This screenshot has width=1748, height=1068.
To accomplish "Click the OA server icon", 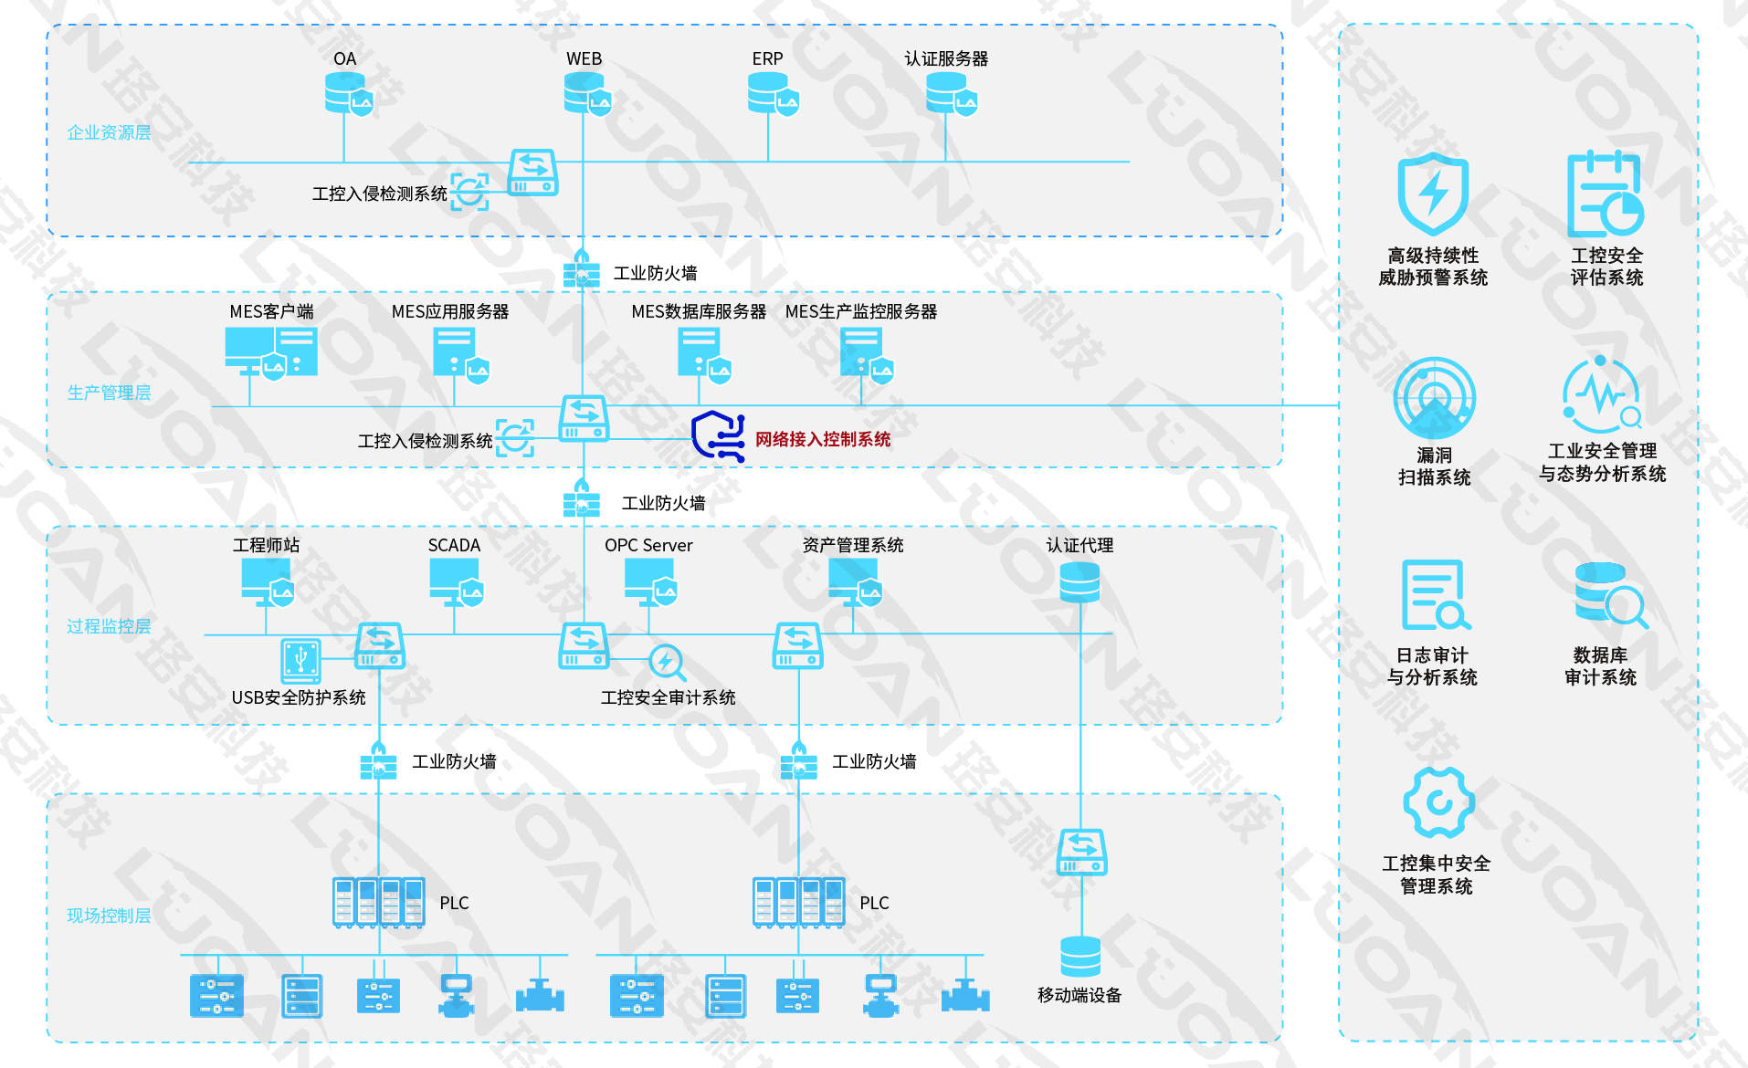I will click(348, 93).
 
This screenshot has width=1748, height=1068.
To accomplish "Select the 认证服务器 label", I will click(946, 58).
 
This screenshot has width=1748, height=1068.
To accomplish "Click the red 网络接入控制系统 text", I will click(822, 439).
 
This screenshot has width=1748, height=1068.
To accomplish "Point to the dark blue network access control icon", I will click(718, 435).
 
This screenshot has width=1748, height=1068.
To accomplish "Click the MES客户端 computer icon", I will click(270, 353).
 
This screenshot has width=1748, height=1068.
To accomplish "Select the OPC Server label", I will click(648, 545).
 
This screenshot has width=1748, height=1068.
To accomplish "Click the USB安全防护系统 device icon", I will click(301, 660).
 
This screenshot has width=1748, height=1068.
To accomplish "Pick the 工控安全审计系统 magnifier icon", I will click(667, 662).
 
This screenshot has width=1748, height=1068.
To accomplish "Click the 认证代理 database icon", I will click(1079, 582).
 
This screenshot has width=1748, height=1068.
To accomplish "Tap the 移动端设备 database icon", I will click(1080, 956).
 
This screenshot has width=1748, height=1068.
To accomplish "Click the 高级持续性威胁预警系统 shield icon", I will click(1433, 194).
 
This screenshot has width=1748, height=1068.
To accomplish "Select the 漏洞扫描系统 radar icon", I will click(1434, 398).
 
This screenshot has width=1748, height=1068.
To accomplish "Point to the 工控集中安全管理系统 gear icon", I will click(1438, 802).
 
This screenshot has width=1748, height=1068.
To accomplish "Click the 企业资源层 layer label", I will click(109, 132).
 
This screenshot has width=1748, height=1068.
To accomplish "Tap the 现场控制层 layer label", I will click(109, 916).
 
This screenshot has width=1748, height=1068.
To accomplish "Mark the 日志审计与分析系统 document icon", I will click(1435, 595).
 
